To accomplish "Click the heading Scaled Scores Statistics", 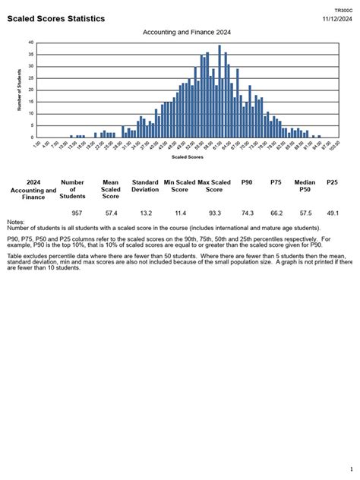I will tap(56, 18).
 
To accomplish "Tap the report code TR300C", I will tap(344, 11).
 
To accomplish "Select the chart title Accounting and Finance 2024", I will tap(187, 33).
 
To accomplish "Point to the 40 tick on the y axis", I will tap(30, 43).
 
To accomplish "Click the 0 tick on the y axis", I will tap(31, 137).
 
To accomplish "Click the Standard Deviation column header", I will tap(145, 186).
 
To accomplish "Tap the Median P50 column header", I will tap(305, 186).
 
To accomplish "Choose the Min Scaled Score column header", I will tap(179, 186).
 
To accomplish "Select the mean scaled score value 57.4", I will tap(111, 214).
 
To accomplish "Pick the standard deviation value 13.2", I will tap(145, 214).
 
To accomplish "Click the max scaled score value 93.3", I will tap(215, 214).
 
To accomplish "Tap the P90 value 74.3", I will tap(247, 214).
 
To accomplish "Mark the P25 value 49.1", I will tap(332, 214).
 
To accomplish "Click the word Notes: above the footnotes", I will tap(15, 223).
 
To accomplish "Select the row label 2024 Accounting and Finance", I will tap(33, 190).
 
